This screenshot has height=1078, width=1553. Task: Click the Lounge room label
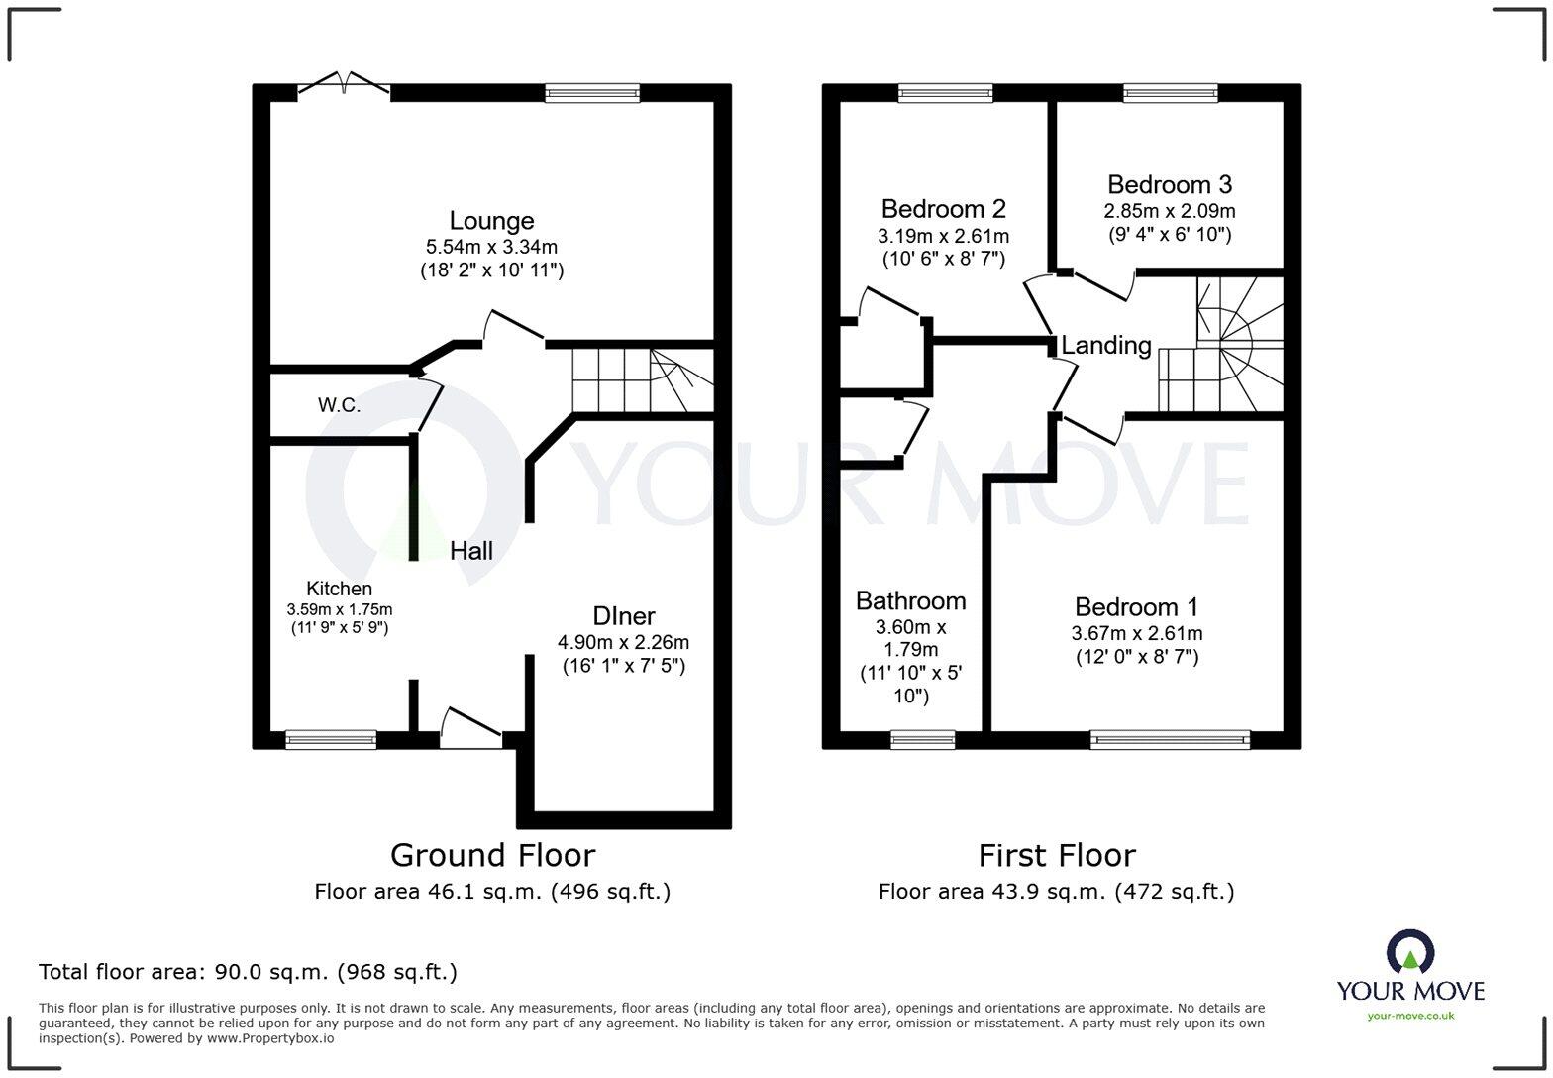point(491,221)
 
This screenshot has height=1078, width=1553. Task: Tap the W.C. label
point(339,405)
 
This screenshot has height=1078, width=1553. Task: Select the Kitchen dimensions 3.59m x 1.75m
point(339,609)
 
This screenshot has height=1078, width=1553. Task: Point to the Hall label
point(471,551)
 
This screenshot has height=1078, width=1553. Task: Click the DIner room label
point(623,615)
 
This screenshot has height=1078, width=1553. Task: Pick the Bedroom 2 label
point(943,209)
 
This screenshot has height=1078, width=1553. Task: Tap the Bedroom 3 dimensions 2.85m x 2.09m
point(1169,211)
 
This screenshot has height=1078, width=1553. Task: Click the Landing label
point(1105,345)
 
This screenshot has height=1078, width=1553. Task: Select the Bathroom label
point(910,601)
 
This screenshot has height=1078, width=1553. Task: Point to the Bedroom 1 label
point(1136,607)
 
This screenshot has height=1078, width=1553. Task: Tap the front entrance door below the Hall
point(470,730)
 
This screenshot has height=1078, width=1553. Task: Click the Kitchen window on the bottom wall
point(331,739)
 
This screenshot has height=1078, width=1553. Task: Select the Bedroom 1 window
point(1170,739)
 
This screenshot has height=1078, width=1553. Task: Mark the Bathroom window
point(922,739)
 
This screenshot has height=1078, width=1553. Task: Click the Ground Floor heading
point(492,855)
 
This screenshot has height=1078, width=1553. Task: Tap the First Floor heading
point(1056,855)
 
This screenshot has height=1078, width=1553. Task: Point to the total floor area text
point(248,972)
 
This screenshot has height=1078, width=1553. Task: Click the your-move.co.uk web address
point(1409,1016)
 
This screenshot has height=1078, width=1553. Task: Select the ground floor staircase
point(642,381)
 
